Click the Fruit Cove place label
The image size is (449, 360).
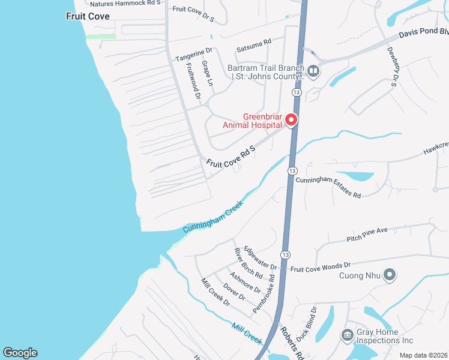pos(88,16)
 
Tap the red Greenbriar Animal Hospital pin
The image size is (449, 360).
pos(292,120)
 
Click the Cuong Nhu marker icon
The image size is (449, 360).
pos(390,275)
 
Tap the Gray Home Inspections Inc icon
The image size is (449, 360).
pos(347,335)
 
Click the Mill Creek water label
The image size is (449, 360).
pos(247,333)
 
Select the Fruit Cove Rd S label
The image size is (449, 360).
pos(231,155)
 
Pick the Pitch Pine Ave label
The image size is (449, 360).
pos(367,234)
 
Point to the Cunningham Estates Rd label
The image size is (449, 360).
pos(328,187)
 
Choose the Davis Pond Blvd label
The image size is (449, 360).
pos(423,32)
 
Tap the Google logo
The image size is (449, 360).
pos(20,353)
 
